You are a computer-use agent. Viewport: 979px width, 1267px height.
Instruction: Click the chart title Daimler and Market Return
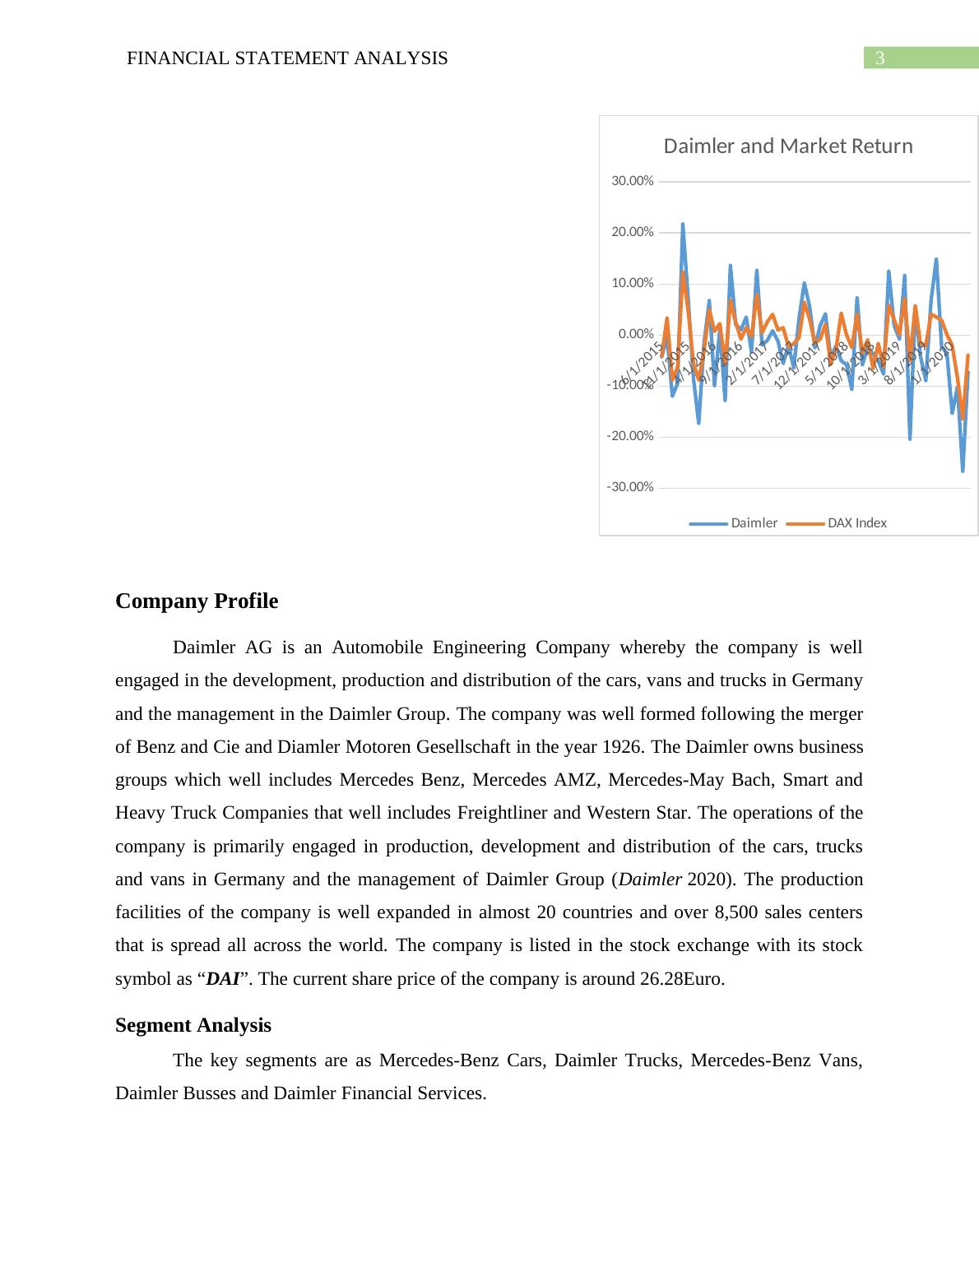pos(787,146)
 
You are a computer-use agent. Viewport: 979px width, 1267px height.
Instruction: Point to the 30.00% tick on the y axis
pos(633,181)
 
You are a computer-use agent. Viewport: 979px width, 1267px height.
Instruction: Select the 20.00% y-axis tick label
pos(633,232)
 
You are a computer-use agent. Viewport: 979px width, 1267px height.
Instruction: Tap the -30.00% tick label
pos(630,487)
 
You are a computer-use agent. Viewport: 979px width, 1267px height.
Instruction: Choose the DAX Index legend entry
pos(856,523)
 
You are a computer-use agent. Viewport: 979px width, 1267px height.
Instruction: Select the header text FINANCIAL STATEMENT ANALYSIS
pos(287,58)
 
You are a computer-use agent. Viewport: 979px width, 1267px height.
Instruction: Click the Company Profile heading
pos(197,601)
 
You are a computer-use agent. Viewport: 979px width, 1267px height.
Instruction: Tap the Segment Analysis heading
pos(193,1025)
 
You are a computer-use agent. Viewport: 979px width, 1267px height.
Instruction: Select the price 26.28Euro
pos(682,979)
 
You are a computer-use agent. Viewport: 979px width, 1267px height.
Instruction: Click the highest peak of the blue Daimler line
pos(682,224)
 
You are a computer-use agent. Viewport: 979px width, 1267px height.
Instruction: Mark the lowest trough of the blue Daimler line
pos(963,471)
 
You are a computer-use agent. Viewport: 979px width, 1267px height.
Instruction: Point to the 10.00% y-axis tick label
pos(633,283)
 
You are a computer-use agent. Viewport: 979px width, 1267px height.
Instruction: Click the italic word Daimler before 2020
pos(649,879)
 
